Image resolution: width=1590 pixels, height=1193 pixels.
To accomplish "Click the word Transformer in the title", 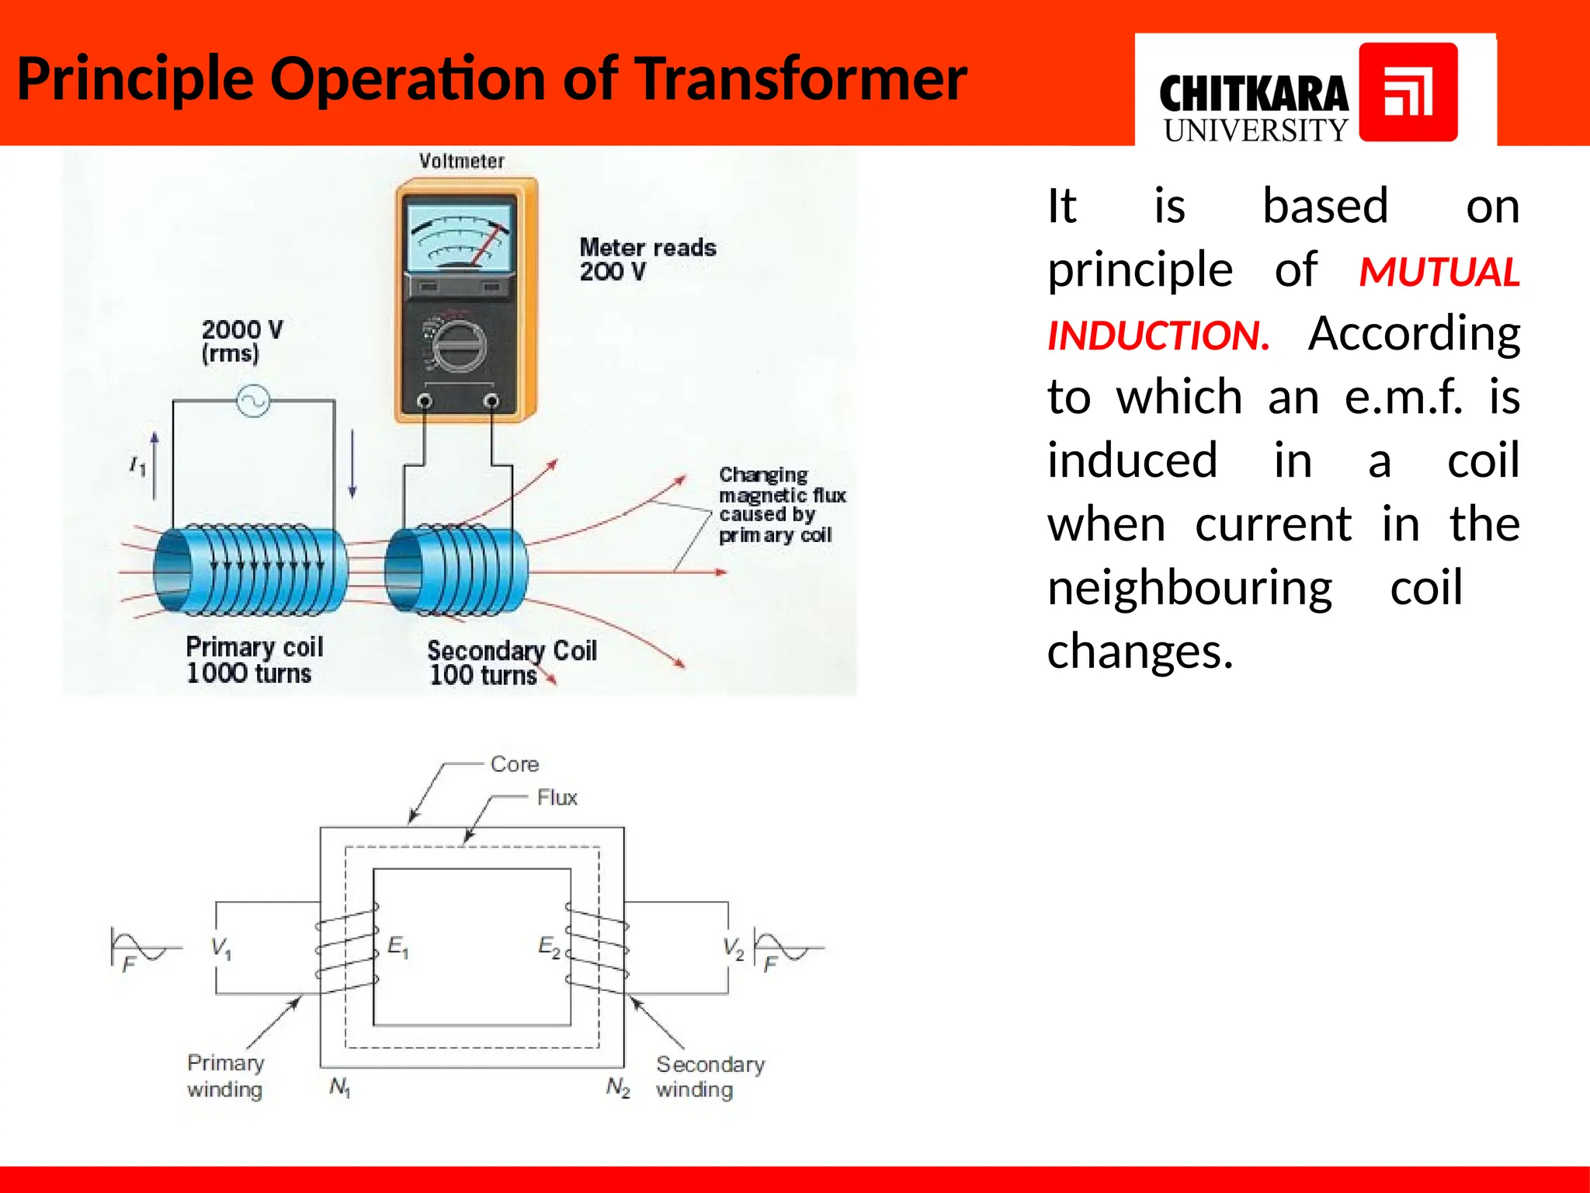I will (x=800, y=79).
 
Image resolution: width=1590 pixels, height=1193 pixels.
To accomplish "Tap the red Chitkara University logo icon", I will (x=1408, y=92).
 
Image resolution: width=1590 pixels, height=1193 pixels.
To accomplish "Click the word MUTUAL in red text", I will (x=1439, y=273).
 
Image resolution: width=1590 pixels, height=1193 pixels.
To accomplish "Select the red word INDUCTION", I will (x=1158, y=336).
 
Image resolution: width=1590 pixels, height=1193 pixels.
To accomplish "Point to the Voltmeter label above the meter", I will (x=462, y=161).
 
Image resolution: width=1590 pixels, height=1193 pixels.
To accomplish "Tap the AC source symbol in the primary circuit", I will (x=253, y=401).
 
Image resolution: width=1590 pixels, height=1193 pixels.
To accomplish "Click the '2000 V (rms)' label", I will (x=241, y=341).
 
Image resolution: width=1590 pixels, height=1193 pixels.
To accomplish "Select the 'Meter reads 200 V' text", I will (x=647, y=259).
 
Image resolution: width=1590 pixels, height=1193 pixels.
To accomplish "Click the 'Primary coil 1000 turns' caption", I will (x=253, y=659).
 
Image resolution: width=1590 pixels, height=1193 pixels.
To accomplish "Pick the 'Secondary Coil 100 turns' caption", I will (x=511, y=663).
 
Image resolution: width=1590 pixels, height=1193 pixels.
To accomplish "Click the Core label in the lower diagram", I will (x=514, y=764).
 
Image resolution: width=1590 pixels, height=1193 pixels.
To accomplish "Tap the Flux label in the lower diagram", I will (x=557, y=798).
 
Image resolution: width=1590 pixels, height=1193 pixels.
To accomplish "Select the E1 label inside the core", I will (x=397, y=947).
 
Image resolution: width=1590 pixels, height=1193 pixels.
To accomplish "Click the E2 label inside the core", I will (x=549, y=947).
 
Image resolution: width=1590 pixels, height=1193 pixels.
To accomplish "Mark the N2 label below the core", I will (x=618, y=1087).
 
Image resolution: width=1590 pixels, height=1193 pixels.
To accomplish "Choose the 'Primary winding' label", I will (x=225, y=1076).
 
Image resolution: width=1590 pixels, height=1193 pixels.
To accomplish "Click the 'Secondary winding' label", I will (x=709, y=1076).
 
